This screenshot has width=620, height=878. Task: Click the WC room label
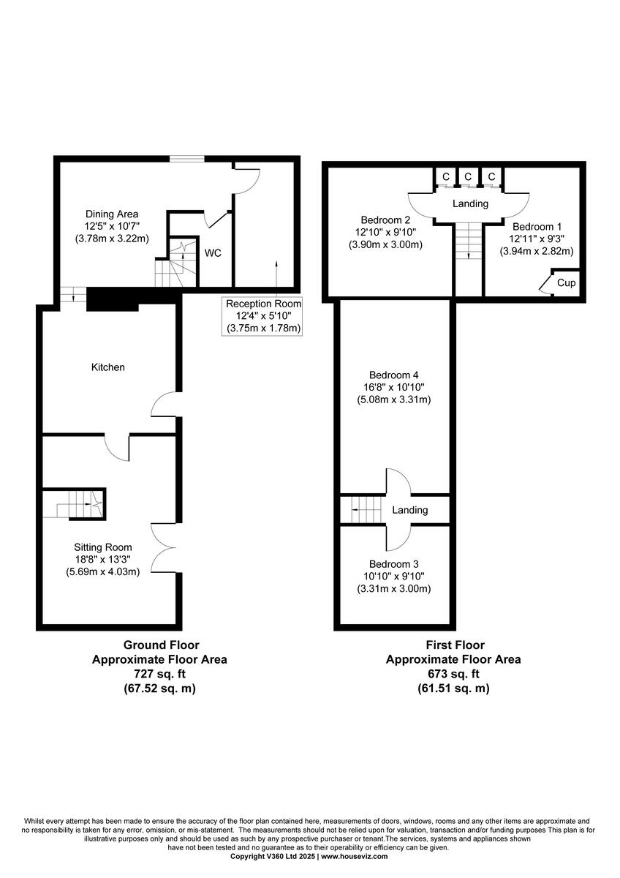pyautogui.click(x=213, y=254)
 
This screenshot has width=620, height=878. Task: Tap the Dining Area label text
pyautogui.click(x=112, y=214)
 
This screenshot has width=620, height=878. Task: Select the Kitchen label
pyautogui.click(x=107, y=367)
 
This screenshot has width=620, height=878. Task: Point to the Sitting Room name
pyautogui.click(x=102, y=547)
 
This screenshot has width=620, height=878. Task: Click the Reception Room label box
pyautogui.click(x=263, y=315)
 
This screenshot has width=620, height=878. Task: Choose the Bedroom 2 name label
pyautogui.click(x=385, y=220)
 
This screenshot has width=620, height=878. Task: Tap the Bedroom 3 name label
pyautogui.click(x=393, y=564)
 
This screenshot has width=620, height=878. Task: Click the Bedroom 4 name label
pyautogui.click(x=393, y=374)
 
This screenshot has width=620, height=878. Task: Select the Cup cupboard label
pyautogui.click(x=566, y=282)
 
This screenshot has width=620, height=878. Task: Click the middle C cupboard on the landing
pyautogui.click(x=468, y=177)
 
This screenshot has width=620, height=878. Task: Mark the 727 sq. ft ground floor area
pyautogui.click(x=159, y=674)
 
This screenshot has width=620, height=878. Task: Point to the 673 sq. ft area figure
pyautogui.click(x=453, y=674)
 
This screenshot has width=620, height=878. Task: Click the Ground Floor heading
pyautogui.click(x=159, y=645)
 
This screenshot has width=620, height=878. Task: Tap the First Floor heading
pyautogui.click(x=453, y=645)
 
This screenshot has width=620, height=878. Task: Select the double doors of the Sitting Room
pyautogui.click(x=164, y=548)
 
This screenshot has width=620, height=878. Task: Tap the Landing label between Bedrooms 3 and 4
pyautogui.click(x=410, y=511)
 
